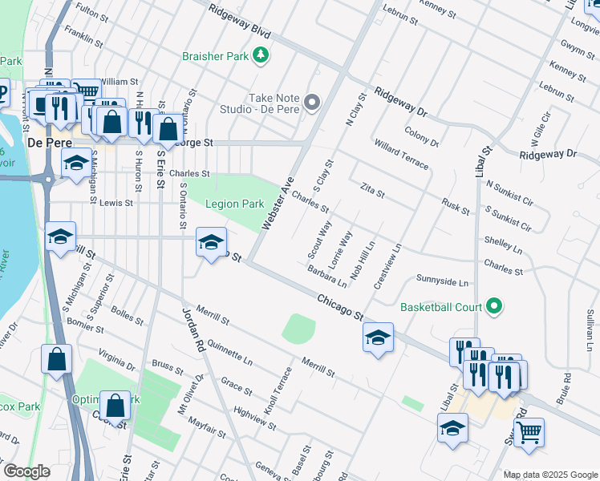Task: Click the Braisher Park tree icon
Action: point(260,55)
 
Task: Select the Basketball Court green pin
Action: point(494,306)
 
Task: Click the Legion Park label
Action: point(234,204)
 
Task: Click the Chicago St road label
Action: point(340,306)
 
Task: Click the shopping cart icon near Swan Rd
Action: point(529,432)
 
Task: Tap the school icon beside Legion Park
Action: point(211,243)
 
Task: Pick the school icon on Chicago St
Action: point(378,337)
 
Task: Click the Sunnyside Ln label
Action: point(441,281)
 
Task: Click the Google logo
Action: point(26,471)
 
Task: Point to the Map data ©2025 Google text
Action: point(549,475)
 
